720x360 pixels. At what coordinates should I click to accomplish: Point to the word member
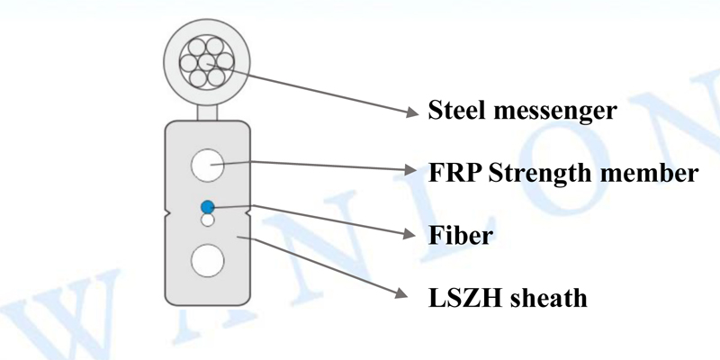click(654, 172)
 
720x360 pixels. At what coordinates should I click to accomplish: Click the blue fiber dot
click(207, 207)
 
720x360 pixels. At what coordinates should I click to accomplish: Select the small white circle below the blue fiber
click(207, 220)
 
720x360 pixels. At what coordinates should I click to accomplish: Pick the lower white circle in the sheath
click(207, 260)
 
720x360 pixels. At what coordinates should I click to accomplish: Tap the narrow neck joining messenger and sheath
click(207, 112)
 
